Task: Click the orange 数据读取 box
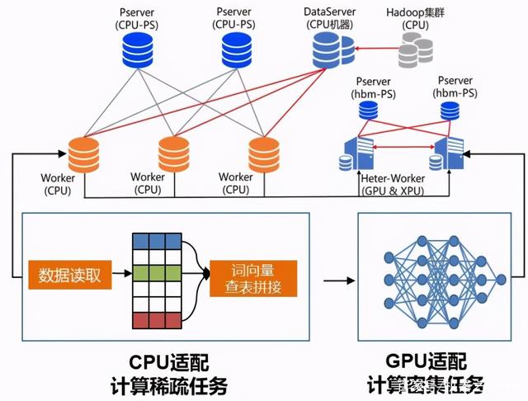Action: click(69, 275)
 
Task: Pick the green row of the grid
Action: click(149, 273)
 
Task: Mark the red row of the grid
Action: click(149, 319)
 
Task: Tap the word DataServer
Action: click(330, 12)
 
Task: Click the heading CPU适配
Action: click(168, 361)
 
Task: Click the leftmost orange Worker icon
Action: click(84, 153)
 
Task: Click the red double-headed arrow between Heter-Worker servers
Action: click(402, 147)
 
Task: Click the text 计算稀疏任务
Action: click(168, 385)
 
